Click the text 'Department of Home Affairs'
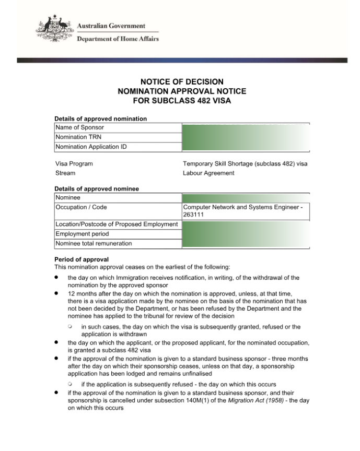(x=118, y=39)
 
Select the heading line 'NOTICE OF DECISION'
(x=182, y=81)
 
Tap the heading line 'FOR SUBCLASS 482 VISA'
(x=182, y=100)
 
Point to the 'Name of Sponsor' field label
(x=80, y=127)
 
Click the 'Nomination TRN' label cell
(x=79, y=137)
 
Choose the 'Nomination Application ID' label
(x=91, y=147)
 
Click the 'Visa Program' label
(x=74, y=163)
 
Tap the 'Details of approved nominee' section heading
(x=97, y=188)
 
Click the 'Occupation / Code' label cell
(x=81, y=207)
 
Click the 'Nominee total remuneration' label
(x=94, y=243)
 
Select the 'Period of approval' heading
(x=82, y=259)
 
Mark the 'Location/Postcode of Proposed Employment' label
(x=116, y=224)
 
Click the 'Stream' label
(x=65, y=173)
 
